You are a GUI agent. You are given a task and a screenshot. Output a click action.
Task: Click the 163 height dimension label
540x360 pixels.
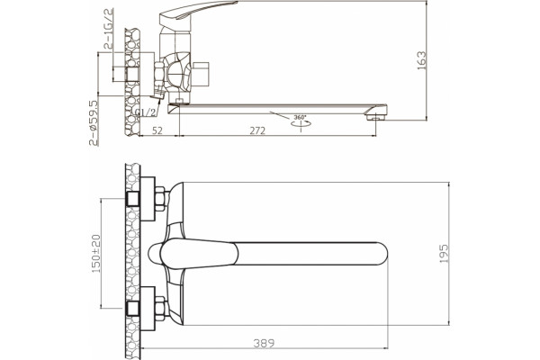[421, 60]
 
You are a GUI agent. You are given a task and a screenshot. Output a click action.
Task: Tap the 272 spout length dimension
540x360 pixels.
[257, 130]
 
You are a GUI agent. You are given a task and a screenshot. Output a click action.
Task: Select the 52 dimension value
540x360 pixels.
[157, 130]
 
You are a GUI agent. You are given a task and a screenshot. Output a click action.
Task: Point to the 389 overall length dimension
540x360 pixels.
[264, 343]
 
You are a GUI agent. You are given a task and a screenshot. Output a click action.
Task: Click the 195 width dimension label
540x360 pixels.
[445, 254]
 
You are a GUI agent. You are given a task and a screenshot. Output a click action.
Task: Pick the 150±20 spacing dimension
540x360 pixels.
[96, 254]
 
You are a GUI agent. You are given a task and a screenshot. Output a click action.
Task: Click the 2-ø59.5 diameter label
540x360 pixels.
[94, 123]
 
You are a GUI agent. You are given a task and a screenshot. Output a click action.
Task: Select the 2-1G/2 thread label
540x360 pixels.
[108, 30]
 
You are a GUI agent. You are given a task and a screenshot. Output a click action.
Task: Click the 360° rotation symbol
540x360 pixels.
[301, 122]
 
